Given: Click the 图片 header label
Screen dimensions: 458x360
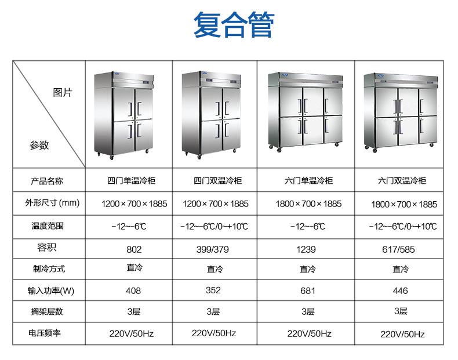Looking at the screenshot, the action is click(x=62, y=93).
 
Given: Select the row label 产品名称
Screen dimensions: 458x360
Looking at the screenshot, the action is click(x=47, y=181).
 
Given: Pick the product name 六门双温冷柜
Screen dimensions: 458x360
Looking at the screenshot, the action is click(x=402, y=181).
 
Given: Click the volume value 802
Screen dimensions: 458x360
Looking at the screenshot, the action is click(x=134, y=250).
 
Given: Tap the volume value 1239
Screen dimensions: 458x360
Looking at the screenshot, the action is click(x=306, y=250).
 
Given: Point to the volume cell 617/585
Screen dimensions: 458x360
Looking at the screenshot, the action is click(x=401, y=250).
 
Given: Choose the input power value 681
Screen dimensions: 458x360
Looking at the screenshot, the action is click(x=307, y=290).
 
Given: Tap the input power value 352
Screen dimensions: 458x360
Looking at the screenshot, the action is click(x=213, y=290).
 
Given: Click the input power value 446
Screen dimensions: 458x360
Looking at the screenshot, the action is click(x=400, y=290).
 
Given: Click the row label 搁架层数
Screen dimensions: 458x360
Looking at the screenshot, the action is click(x=47, y=312).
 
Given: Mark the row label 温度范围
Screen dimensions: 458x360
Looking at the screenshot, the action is click(x=48, y=226).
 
